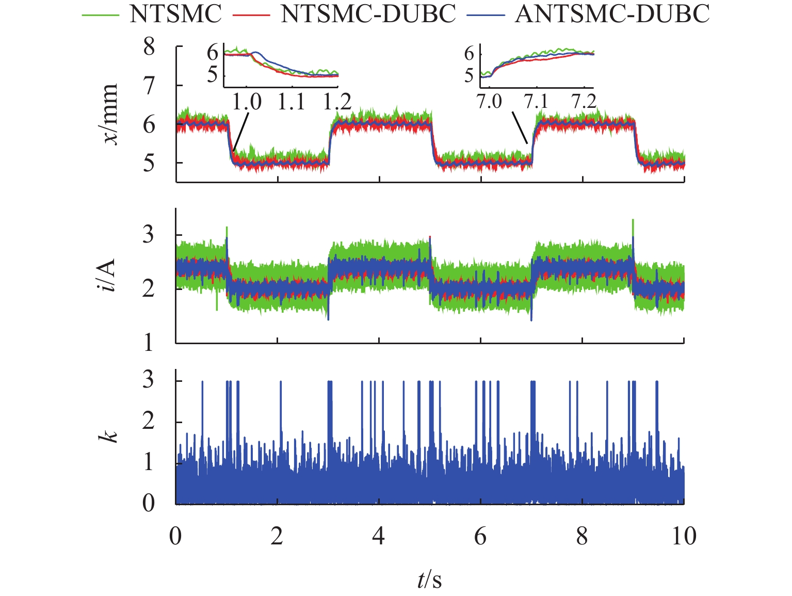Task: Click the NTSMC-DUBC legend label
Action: coord(368,14)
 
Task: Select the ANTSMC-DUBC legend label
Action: coord(612,14)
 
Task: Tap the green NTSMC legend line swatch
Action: coord(101,15)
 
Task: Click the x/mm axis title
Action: coord(110,114)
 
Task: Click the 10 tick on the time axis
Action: coord(684,537)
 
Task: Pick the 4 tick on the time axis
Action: coord(379,537)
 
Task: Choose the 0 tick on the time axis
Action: coord(176,537)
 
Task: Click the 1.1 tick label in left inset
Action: coord(292,102)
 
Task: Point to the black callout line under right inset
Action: coord(520,128)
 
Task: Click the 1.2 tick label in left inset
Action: coord(337,102)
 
